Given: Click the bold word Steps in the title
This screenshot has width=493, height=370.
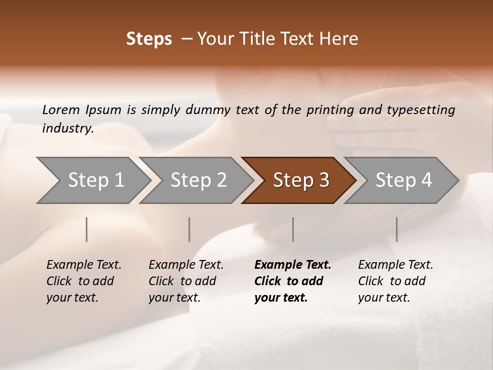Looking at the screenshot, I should coord(149,39).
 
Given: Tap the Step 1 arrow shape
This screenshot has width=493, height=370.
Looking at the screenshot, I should coord(92,180).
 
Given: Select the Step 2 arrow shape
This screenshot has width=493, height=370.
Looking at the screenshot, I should coord(195,180).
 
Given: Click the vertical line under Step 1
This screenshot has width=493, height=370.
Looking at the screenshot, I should coord(87,229).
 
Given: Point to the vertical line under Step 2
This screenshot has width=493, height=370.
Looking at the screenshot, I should coord(189,229).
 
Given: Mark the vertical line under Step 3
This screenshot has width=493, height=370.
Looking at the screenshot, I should coord(293,229).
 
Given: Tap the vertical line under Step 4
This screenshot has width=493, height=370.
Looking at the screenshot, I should coord(396,229).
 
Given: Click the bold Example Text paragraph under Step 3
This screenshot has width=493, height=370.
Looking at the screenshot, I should coord(292,281).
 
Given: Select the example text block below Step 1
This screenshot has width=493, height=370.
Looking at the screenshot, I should coord(84,281).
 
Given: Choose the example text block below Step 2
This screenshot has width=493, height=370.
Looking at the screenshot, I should coord(186,281).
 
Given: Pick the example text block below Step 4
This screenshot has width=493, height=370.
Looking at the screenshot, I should coord(395,281).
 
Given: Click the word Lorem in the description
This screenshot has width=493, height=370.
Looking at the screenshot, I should coord(61,110).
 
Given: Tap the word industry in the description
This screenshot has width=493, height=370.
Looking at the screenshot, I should coord(68,128).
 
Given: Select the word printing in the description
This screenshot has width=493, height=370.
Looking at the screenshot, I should coord(330,110).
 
